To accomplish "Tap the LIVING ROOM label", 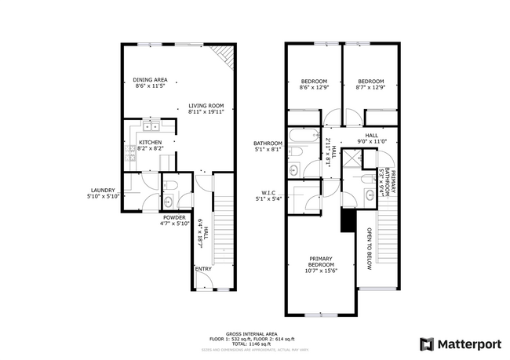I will click(206, 106).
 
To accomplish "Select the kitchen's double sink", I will click(150, 125).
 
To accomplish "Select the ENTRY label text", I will click(203, 269).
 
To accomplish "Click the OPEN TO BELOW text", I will click(367, 249).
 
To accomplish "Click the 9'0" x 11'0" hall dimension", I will click(371, 141).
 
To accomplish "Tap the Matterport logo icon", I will click(427, 343).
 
